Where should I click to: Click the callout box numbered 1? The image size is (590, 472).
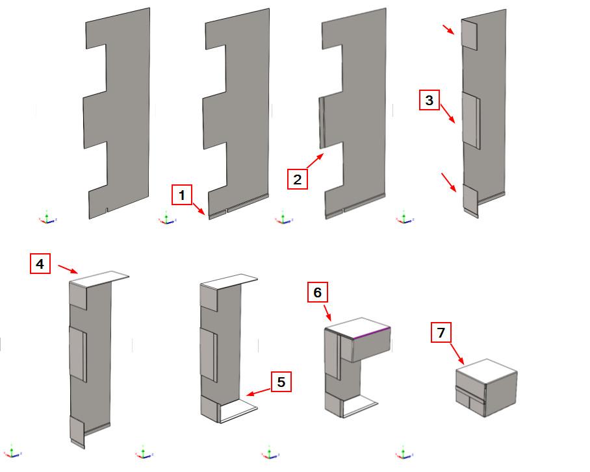coord(182,194)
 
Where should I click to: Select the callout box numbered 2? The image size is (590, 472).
coord(297,179)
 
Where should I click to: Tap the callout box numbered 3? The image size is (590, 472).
coord(429,101)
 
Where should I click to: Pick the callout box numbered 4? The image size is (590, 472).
coord(40,264)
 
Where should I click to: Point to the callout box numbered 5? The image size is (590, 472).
coord(281,382)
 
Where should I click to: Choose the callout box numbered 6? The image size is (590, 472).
coord(317,293)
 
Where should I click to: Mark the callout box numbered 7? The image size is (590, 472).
coord(441,333)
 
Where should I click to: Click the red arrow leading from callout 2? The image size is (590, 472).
coord(314,162)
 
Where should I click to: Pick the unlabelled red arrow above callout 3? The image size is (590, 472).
coord(450,29)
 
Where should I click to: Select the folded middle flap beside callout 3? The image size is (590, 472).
coord(470,120)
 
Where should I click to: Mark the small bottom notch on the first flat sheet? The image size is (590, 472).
coord(107,211)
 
